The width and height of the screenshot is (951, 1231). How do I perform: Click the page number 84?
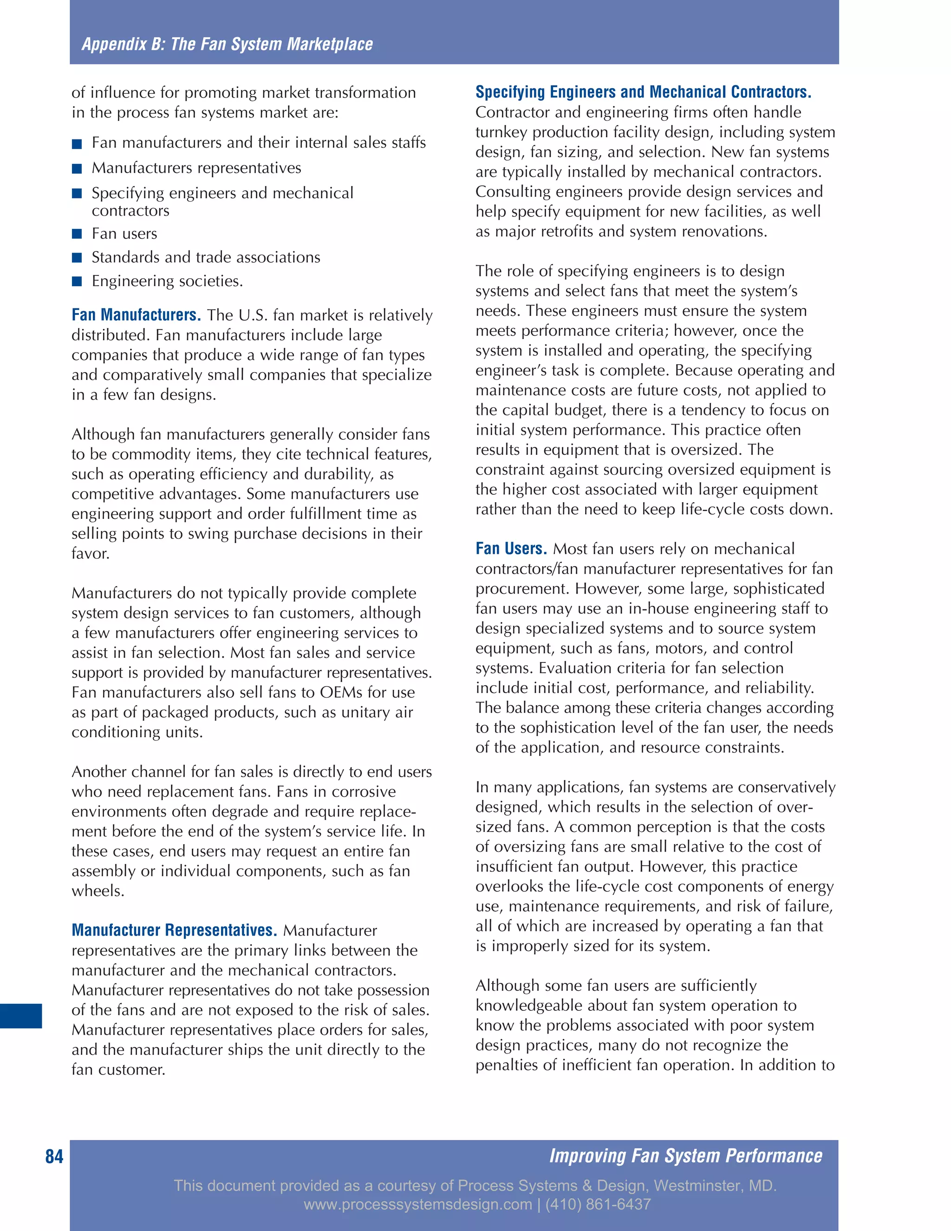coord(54,1156)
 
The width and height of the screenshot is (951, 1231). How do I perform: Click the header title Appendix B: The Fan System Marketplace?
coord(227,44)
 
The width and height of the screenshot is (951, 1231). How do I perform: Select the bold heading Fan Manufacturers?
coord(136,314)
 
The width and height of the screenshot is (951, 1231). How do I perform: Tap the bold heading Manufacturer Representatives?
coord(174,930)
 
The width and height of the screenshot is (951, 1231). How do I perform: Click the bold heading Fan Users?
coord(510,549)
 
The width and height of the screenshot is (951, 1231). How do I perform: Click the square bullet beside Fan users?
coord(77,234)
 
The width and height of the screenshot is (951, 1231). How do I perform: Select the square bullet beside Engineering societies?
coord(77,281)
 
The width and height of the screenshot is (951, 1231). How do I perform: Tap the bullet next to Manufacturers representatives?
coord(77,169)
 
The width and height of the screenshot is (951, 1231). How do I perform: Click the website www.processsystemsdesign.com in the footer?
coord(417,1204)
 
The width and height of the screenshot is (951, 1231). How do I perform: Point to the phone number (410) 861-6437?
coord(598,1204)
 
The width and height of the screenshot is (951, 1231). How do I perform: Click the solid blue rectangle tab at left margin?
coord(21,1015)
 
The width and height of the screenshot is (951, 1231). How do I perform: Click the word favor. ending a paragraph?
coord(91,554)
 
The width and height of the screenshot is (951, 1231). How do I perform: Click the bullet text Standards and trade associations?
coord(206,258)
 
